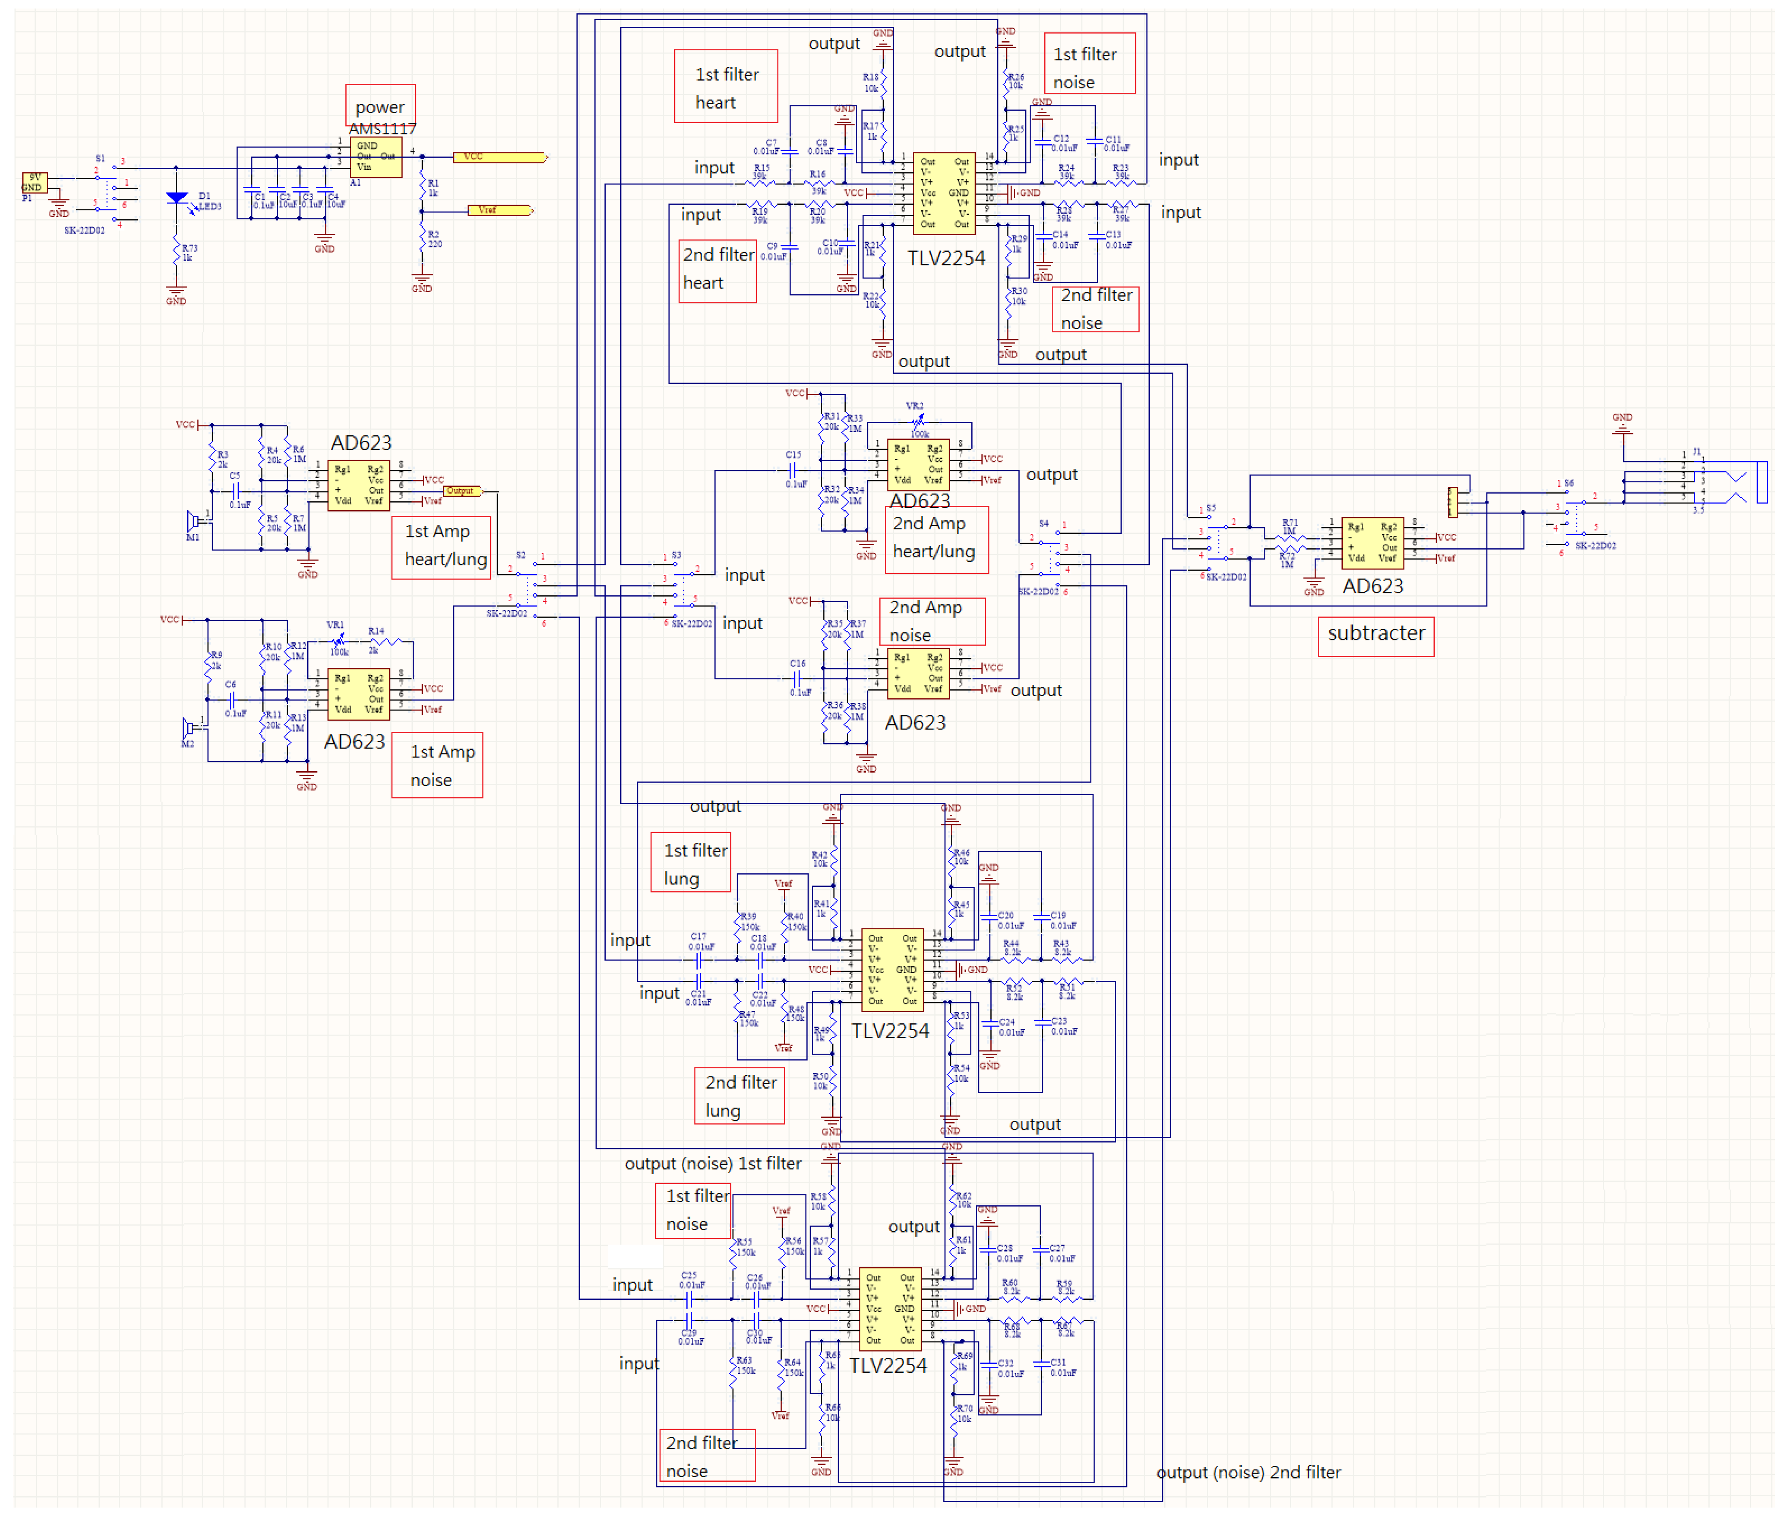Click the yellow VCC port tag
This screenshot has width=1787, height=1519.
point(499,157)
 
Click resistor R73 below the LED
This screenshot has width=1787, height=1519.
point(176,252)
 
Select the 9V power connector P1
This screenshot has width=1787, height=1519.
point(34,182)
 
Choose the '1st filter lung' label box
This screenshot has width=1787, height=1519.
point(691,863)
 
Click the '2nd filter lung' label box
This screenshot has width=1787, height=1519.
point(739,1095)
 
